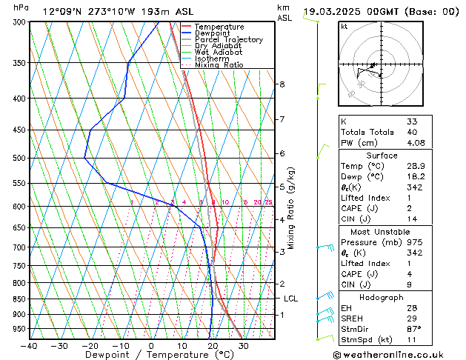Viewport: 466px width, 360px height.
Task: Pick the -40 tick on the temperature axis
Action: (x=30, y=345)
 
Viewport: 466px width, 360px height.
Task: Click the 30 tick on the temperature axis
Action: (x=243, y=345)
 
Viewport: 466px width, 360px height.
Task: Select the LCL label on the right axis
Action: (x=291, y=299)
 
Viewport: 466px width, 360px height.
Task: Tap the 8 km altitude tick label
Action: (x=282, y=84)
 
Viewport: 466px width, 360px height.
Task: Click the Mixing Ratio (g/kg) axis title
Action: (x=292, y=208)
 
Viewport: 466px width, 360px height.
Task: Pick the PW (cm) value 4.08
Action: (x=416, y=143)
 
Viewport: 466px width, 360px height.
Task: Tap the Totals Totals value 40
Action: (x=412, y=132)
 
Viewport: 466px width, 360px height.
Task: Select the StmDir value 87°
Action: (x=414, y=329)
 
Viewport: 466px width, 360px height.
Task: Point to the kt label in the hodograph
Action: (x=344, y=27)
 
